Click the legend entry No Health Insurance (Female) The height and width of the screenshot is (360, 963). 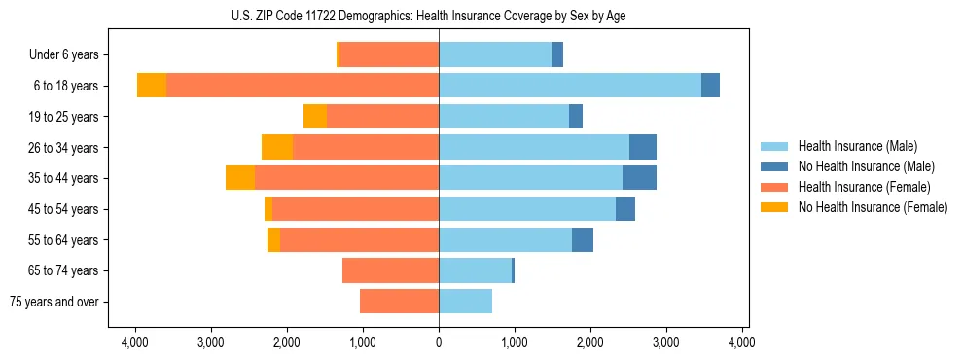point(873,207)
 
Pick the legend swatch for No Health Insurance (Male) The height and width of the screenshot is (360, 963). point(775,166)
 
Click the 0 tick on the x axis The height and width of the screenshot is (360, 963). point(439,342)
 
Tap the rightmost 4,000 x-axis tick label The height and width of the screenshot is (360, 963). point(742,342)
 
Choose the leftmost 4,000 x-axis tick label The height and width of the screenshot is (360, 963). point(134,342)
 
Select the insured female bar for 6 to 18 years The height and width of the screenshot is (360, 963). point(303,86)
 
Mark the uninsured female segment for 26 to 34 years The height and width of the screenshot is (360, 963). point(277,147)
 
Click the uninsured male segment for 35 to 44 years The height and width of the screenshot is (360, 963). point(639,178)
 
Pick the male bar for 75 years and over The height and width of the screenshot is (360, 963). point(465,302)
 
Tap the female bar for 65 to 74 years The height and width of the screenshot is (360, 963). point(390,270)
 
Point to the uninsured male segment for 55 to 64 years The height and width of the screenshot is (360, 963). point(582,239)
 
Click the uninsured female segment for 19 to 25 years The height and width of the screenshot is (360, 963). point(314,117)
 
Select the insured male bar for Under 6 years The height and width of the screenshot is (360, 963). point(495,55)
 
